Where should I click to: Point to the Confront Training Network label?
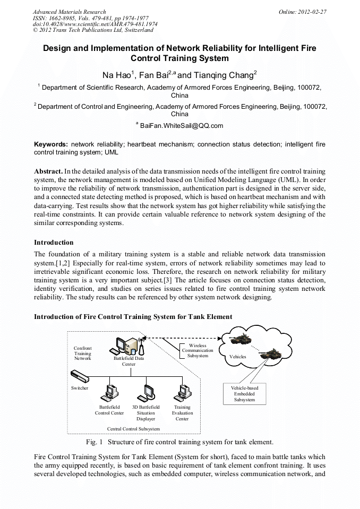tap(82, 353)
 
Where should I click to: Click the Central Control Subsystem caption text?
tap(133, 428)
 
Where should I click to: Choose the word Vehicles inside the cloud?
tap(237, 357)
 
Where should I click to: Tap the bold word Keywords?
tap(50, 144)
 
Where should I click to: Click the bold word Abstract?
tap(48, 172)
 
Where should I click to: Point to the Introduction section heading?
tap(54, 243)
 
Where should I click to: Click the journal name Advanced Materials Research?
tap(69, 11)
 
